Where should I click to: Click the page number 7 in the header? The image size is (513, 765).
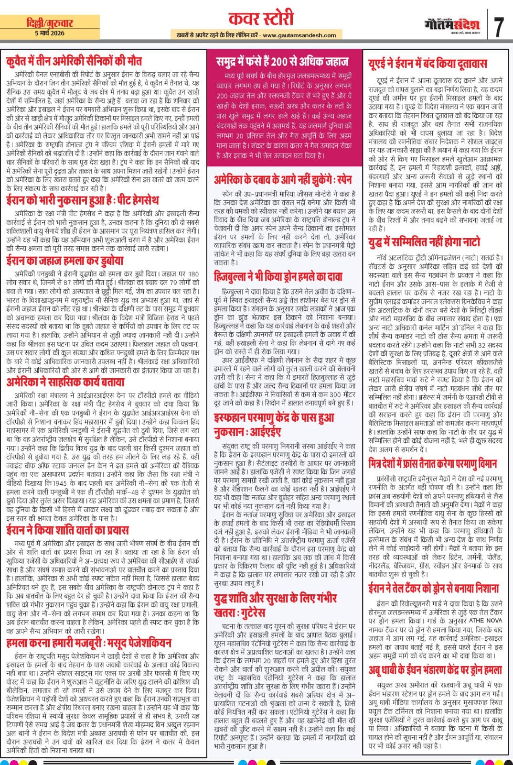[498, 27]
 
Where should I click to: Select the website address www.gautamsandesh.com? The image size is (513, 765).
[299, 35]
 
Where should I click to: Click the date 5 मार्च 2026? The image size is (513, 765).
[50, 33]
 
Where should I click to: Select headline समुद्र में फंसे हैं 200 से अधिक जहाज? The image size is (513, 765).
[282, 61]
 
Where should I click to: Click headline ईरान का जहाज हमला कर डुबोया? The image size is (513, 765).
[65, 260]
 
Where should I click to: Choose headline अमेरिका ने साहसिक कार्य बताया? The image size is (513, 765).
[65, 382]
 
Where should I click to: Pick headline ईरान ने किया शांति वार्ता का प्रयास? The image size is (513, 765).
[67, 530]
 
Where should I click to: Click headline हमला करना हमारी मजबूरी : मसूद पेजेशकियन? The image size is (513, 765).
[89, 643]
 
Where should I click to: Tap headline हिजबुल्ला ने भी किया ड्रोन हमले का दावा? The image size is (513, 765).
[278, 276]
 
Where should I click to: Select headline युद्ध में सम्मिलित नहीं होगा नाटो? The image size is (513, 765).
[424, 242]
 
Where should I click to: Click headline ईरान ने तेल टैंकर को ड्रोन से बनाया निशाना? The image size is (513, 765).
[433, 588]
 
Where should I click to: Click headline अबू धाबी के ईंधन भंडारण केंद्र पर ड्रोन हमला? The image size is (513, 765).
[435, 670]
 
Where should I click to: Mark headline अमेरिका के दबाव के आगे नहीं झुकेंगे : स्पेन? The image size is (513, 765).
[283, 180]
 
